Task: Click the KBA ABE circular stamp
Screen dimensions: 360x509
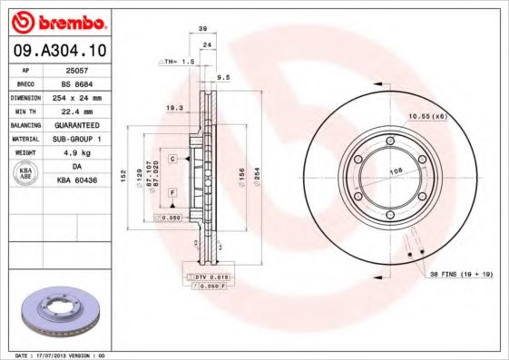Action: tap(26, 174)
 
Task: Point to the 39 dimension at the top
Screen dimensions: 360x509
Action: tap(204, 31)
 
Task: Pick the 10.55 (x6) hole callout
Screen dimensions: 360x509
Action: tap(427, 115)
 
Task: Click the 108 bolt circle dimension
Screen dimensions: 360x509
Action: tap(396, 170)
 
